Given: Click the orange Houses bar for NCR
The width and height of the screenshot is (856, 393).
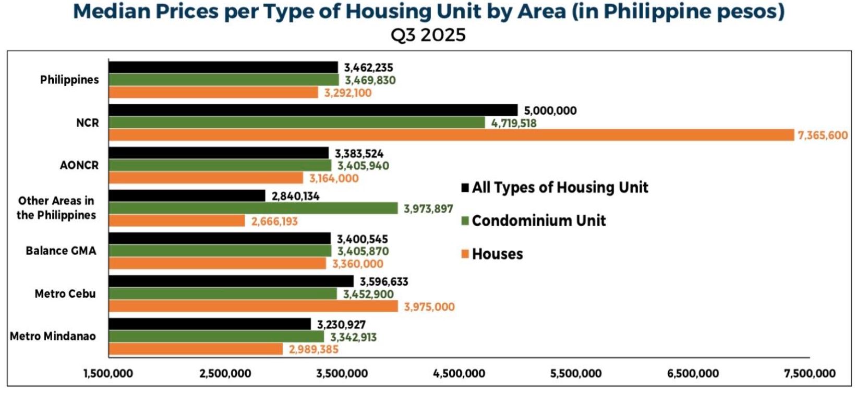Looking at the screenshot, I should coord(451,135).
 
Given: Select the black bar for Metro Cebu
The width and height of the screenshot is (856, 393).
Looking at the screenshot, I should coord(231,281).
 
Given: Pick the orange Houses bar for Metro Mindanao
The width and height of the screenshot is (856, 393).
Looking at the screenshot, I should coord(196,349).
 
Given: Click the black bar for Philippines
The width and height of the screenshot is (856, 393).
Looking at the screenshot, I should coord(223,67).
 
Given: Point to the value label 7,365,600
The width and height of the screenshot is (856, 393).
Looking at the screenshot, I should coord(823,136).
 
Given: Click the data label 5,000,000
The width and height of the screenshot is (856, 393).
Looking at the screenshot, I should coord(550,110).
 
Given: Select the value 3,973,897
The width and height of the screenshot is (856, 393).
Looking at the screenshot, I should coord(428,209).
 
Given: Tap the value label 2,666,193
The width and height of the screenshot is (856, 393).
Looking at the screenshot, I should coord(274,222).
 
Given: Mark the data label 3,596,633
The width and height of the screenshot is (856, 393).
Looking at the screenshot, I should coord(384,282).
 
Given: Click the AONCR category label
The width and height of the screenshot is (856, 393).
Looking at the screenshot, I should coord(79,165).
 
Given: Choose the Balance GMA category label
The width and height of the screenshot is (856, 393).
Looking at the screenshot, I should coord(61,251).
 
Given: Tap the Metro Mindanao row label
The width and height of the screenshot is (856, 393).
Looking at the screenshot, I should coord(53,336).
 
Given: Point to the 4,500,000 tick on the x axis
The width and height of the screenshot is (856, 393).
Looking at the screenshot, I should coord(459,374).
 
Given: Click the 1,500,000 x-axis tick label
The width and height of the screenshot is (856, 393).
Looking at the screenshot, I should coord(108,374).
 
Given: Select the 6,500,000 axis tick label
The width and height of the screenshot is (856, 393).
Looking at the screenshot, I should coord(693,374).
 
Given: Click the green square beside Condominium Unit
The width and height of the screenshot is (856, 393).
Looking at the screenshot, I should coord(465,220).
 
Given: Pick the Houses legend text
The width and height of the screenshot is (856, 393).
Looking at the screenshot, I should coord(497,254).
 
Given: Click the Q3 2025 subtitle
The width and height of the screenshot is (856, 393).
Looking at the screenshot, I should coord(428,35).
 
